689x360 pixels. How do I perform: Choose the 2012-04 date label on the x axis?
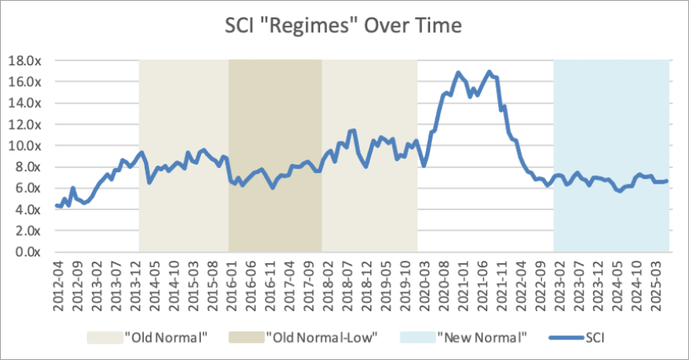pyautogui.click(x=57, y=286)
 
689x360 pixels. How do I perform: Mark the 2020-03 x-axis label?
pyautogui.click(x=423, y=286)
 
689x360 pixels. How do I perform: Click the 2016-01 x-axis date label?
pyautogui.click(x=233, y=286)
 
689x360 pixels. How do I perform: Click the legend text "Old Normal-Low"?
pyautogui.click(x=322, y=338)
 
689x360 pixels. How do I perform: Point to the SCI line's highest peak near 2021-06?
pyautogui.click(x=489, y=71)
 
